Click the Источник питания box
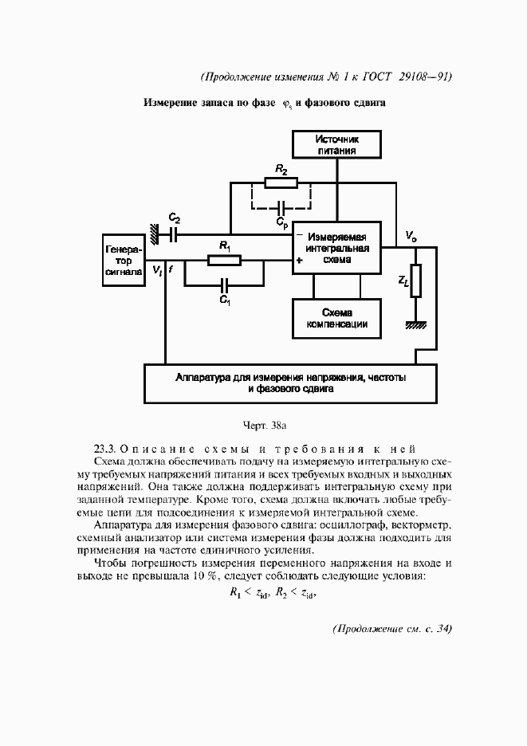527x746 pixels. [x=336, y=144]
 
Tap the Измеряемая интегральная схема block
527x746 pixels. [x=336, y=248]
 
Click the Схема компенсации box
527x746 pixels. [x=336, y=318]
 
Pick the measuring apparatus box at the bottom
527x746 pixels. [x=289, y=383]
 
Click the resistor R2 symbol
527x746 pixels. [x=281, y=183]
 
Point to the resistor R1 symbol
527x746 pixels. [x=225, y=260]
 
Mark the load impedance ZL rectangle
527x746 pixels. [x=415, y=281]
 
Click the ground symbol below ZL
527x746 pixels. [x=415, y=324]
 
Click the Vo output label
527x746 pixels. [x=410, y=236]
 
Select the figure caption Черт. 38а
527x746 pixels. [x=263, y=424]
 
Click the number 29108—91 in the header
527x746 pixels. [x=422, y=77]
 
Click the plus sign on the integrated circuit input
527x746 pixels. [x=300, y=260]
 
